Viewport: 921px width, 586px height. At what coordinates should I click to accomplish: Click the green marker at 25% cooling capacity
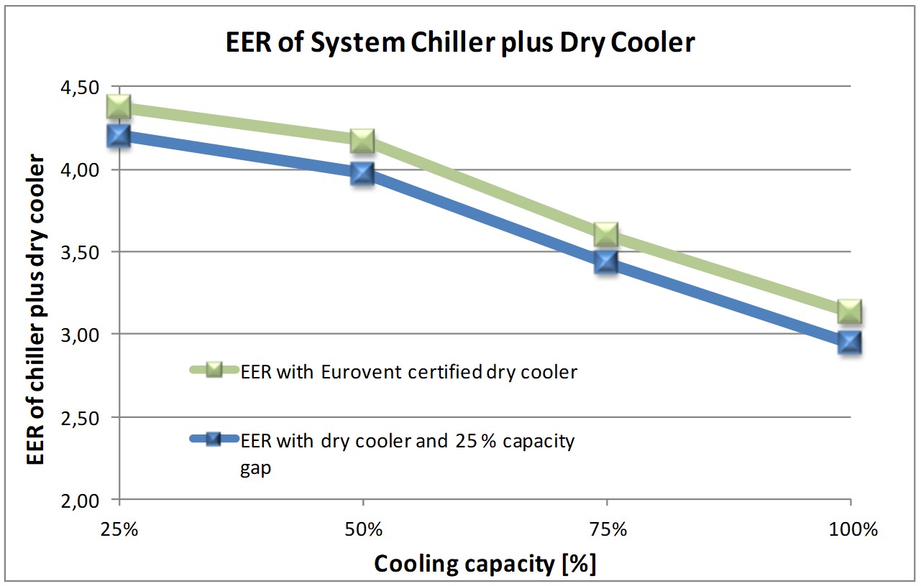pyautogui.click(x=119, y=107)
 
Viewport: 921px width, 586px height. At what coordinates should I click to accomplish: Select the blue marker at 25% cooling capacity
pyautogui.click(x=119, y=136)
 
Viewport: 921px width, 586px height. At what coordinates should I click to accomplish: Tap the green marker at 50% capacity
pyautogui.click(x=362, y=141)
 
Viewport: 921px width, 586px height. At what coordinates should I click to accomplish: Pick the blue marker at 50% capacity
pyautogui.click(x=362, y=173)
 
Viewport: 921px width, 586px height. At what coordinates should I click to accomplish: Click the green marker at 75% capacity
pyautogui.click(x=606, y=233)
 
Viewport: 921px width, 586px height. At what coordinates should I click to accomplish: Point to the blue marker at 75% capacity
pyautogui.click(x=606, y=262)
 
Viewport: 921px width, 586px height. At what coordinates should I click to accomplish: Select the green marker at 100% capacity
pyautogui.click(x=850, y=312)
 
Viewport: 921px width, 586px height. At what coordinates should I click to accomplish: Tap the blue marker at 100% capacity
pyautogui.click(x=850, y=342)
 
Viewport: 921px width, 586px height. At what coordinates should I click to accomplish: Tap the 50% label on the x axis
pyautogui.click(x=363, y=531)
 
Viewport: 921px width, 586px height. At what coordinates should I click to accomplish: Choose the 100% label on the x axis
pyautogui.click(x=851, y=531)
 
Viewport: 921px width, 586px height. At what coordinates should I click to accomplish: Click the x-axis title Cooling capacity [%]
pyautogui.click(x=485, y=564)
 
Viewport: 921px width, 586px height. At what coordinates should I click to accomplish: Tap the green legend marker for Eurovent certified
pyautogui.click(x=214, y=371)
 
